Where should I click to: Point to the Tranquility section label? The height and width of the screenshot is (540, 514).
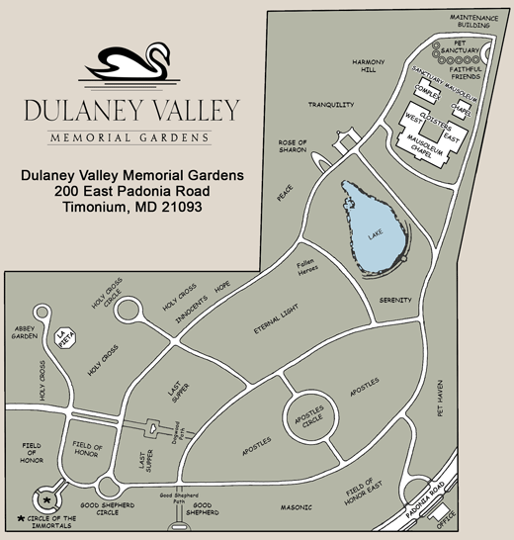pos(330,105)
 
